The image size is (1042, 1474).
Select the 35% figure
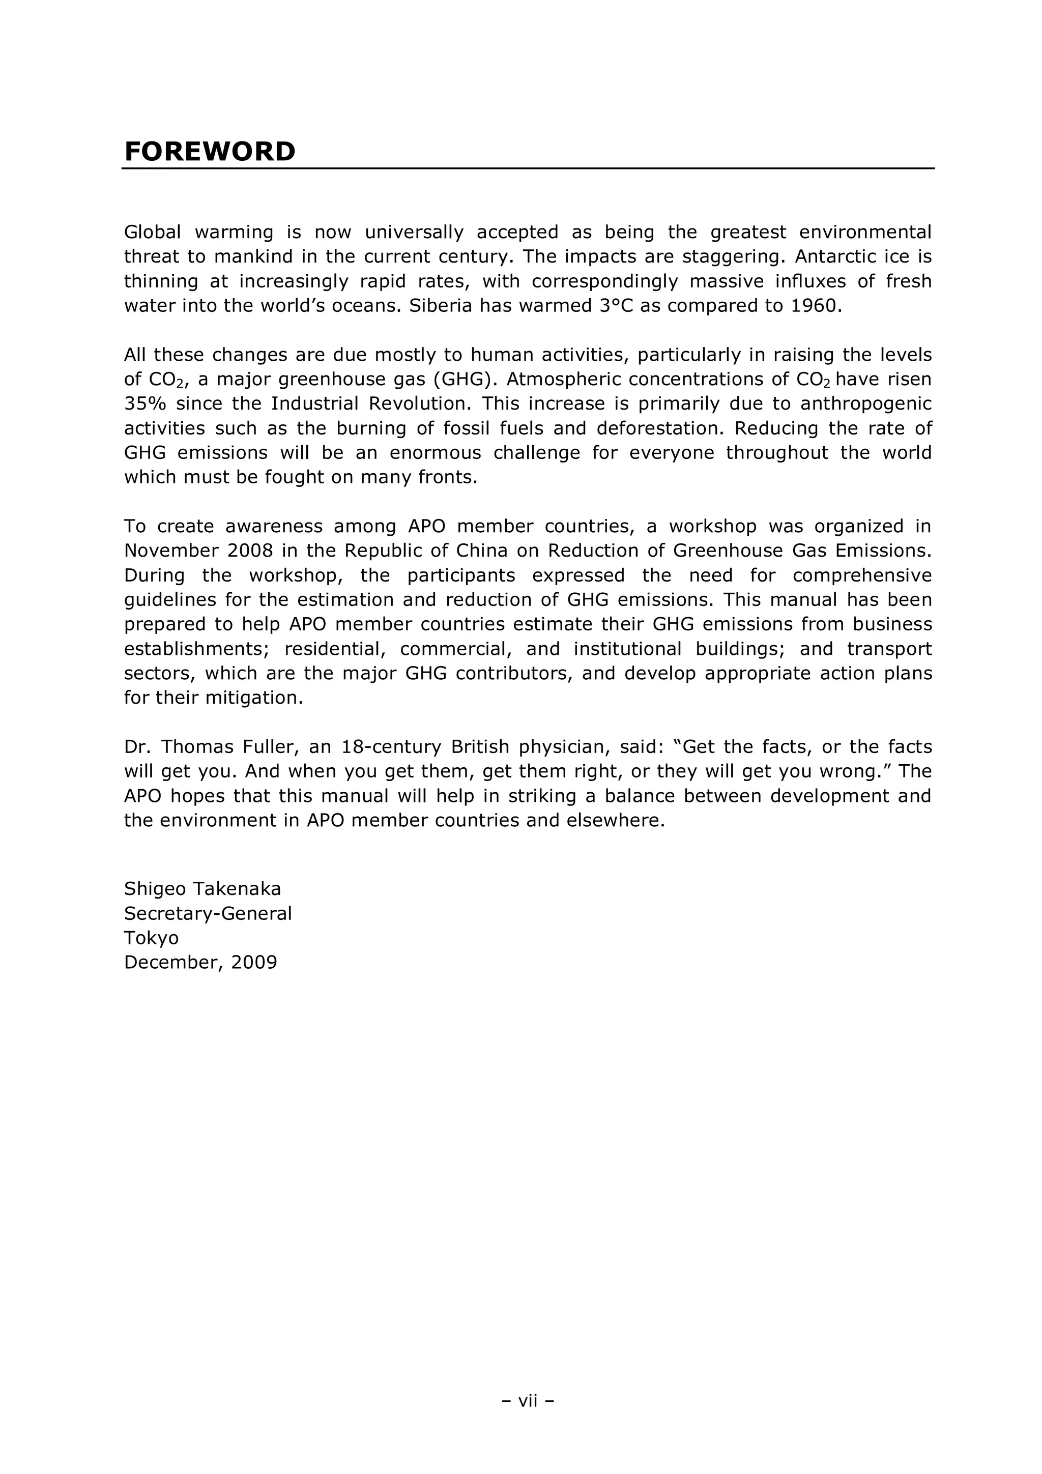[x=145, y=404]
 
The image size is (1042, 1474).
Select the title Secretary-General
[x=208, y=913]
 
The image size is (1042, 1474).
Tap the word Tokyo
[x=151, y=937]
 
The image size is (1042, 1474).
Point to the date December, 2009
[x=200, y=962]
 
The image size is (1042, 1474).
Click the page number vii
[x=527, y=1400]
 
